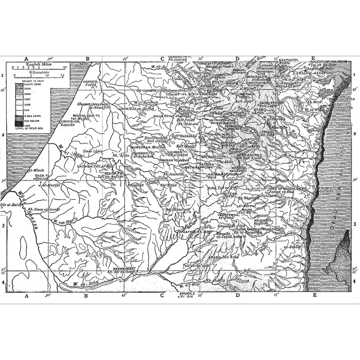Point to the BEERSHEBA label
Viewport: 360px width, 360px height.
click(x=122, y=268)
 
